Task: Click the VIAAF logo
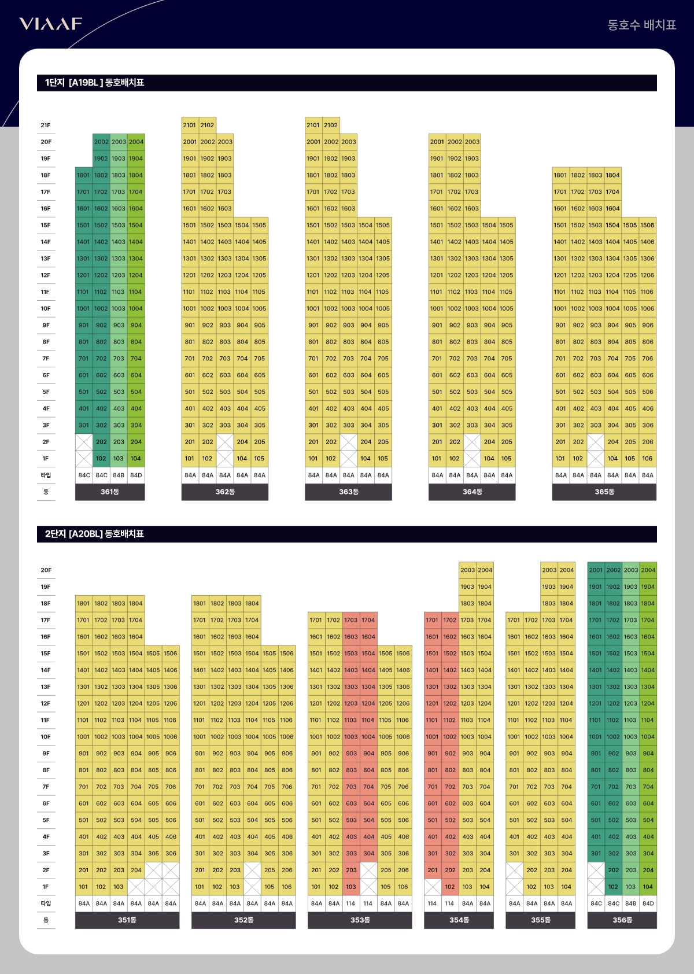[x=51, y=24]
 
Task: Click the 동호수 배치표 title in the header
[x=641, y=25]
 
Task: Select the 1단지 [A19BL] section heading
[x=95, y=83]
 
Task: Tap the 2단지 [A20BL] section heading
[x=95, y=534]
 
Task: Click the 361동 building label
[x=110, y=492]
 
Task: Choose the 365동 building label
[x=604, y=492]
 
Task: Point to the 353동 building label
[x=360, y=920]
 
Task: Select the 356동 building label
[x=622, y=920]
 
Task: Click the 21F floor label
[x=46, y=125]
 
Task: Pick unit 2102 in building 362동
[x=207, y=125]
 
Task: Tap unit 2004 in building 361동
[x=136, y=142]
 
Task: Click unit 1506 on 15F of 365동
[x=648, y=225]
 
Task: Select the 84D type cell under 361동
[x=136, y=475]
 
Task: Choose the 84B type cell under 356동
[x=631, y=903]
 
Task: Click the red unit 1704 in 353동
[x=368, y=620]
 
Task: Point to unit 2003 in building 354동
[x=468, y=570]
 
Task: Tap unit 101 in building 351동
[x=84, y=887]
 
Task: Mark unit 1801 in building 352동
[x=200, y=603]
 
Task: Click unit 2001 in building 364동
[x=437, y=142]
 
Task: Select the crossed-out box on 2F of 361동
[x=84, y=442]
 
